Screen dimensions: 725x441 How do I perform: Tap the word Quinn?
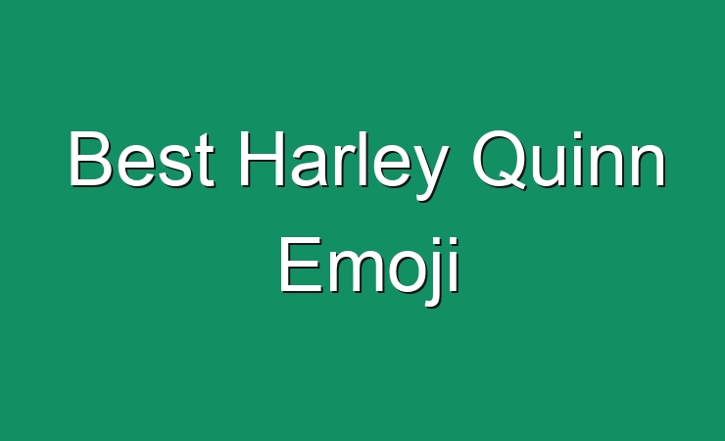coord(568,160)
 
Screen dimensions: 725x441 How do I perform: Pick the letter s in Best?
coord(173,165)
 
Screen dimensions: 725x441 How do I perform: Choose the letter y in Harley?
coord(430,172)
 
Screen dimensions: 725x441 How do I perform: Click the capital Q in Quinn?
coord(500,160)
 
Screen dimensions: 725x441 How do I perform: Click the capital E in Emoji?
coord(301,264)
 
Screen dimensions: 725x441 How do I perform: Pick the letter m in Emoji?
coord(356,269)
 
